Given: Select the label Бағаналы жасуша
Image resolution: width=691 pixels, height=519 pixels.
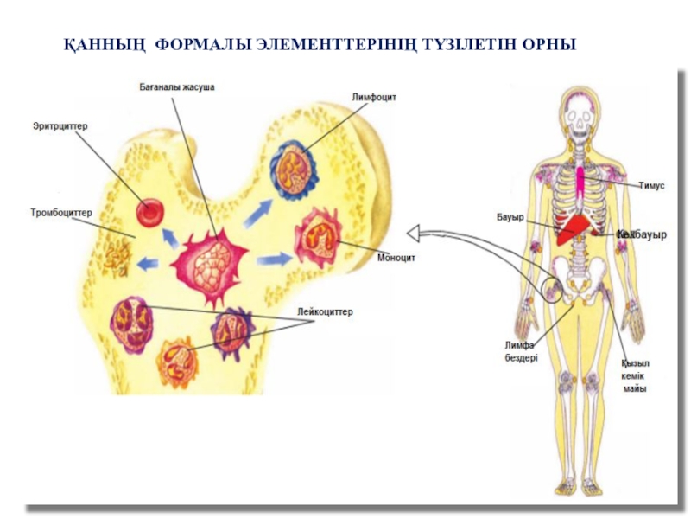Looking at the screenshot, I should [176, 88].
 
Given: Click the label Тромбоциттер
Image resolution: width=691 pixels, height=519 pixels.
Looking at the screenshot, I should [61, 212].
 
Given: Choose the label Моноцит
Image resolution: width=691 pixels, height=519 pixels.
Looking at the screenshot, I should [396, 257].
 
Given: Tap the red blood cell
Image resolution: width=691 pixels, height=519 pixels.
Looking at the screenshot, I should [150, 210].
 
